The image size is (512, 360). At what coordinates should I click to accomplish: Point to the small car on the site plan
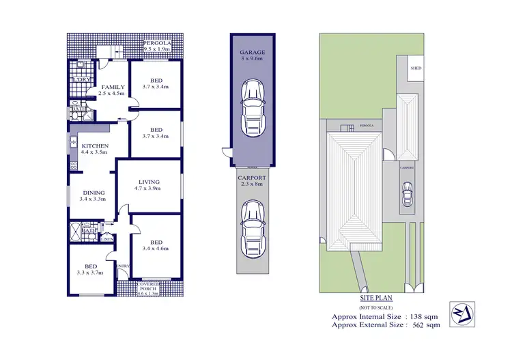[x=408, y=194]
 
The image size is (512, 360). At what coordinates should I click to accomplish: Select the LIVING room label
[x=148, y=182]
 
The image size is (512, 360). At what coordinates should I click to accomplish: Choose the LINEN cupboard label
[x=106, y=238]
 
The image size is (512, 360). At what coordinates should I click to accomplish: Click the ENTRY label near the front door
[x=123, y=266]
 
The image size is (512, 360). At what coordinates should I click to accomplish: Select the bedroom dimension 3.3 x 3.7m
[x=90, y=272]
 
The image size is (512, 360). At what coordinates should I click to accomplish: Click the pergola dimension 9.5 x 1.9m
[x=159, y=50]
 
